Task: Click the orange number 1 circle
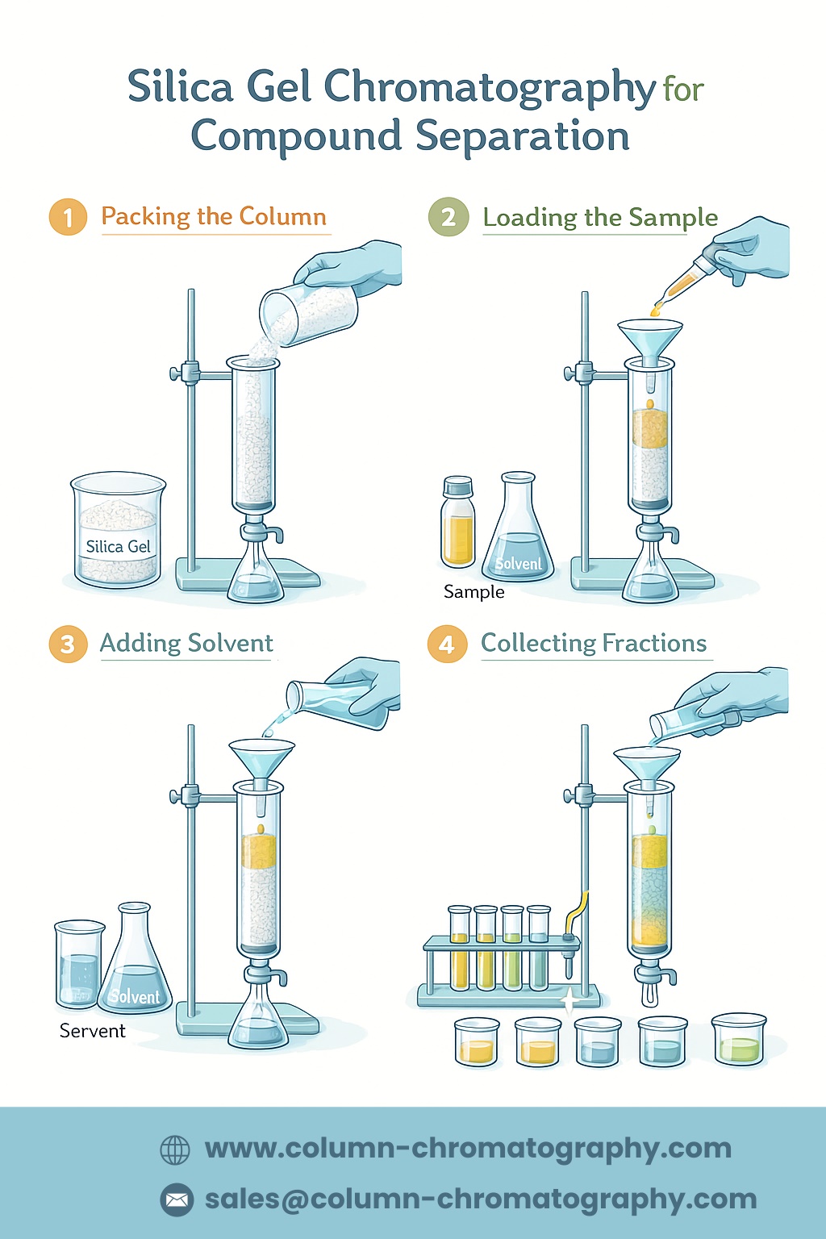68,217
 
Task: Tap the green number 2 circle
448,217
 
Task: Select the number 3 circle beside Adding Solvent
68,644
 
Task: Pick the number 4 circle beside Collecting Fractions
447,644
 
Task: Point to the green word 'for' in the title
683,90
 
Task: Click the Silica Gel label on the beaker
118,547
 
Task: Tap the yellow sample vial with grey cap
458,522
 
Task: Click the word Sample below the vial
473,592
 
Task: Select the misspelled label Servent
93,1031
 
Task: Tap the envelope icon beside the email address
177,1199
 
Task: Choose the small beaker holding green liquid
739,1041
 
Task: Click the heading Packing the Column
214,216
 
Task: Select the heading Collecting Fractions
594,643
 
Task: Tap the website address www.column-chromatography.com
468,1149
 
